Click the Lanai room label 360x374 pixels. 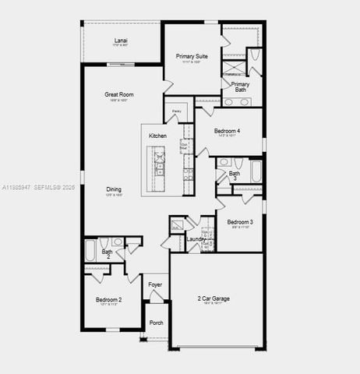coord(121,40)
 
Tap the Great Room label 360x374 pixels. coord(119,94)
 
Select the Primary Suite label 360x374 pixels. coord(192,56)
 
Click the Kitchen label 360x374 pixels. coord(157,136)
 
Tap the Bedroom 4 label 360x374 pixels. coord(227,131)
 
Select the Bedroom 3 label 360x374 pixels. coord(240,222)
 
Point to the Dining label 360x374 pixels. coord(114,189)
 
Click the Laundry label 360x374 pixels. coord(196,239)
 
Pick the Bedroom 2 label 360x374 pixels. coord(108,299)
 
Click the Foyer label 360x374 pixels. coord(156,284)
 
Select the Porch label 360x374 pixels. coord(156,322)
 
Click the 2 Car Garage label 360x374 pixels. coord(214,298)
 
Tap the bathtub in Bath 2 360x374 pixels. coord(90,251)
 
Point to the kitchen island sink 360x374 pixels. coord(161,168)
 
